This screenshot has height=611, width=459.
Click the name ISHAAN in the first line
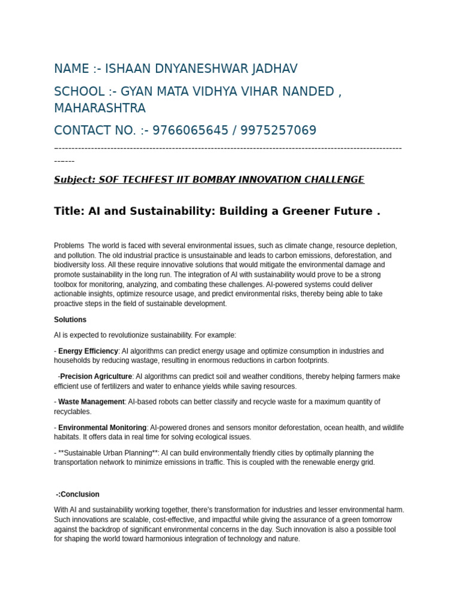128,69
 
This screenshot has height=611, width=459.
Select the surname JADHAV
273,69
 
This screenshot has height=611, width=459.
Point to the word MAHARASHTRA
100,108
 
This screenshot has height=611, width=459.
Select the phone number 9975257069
277,131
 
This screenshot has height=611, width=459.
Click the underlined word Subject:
75,180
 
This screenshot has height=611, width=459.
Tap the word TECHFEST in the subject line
149,180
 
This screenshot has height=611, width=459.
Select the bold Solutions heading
70,320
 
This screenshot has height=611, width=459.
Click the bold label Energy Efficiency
88,351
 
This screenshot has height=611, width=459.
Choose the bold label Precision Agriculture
96,377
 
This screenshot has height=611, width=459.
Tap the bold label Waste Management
91,402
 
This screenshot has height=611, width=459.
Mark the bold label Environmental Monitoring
102,428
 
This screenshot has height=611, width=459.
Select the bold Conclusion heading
79,495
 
